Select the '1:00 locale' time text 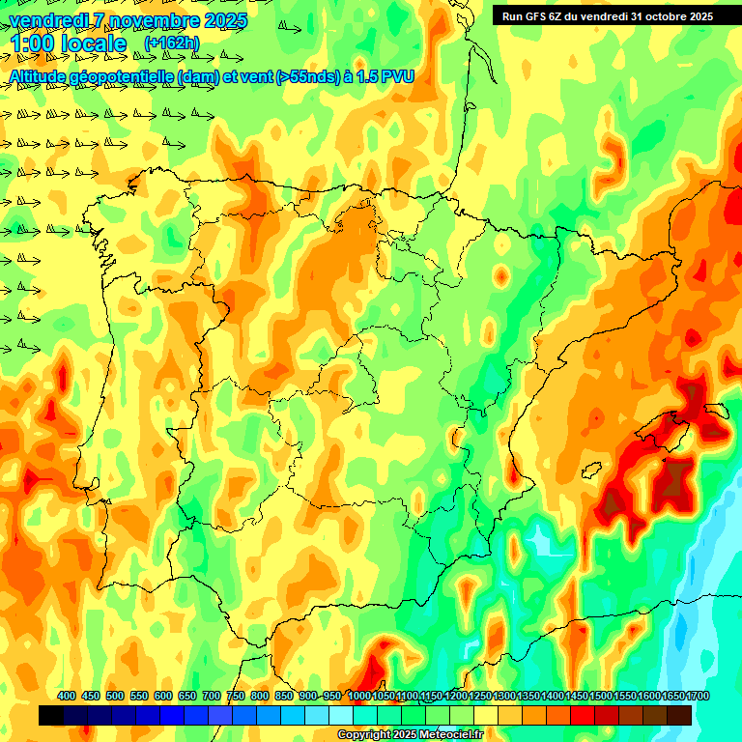(68, 43)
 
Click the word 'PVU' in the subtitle (396, 76)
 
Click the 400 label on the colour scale (67, 696)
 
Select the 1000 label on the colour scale (358, 696)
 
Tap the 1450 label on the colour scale (577, 696)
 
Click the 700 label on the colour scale (212, 696)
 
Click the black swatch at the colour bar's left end (51, 716)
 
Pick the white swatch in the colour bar (341, 716)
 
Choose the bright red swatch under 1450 (583, 716)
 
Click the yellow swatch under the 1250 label (486, 716)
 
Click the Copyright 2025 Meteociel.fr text (411, 735)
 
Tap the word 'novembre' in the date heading (154, 19)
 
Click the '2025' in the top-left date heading (227, 19)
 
